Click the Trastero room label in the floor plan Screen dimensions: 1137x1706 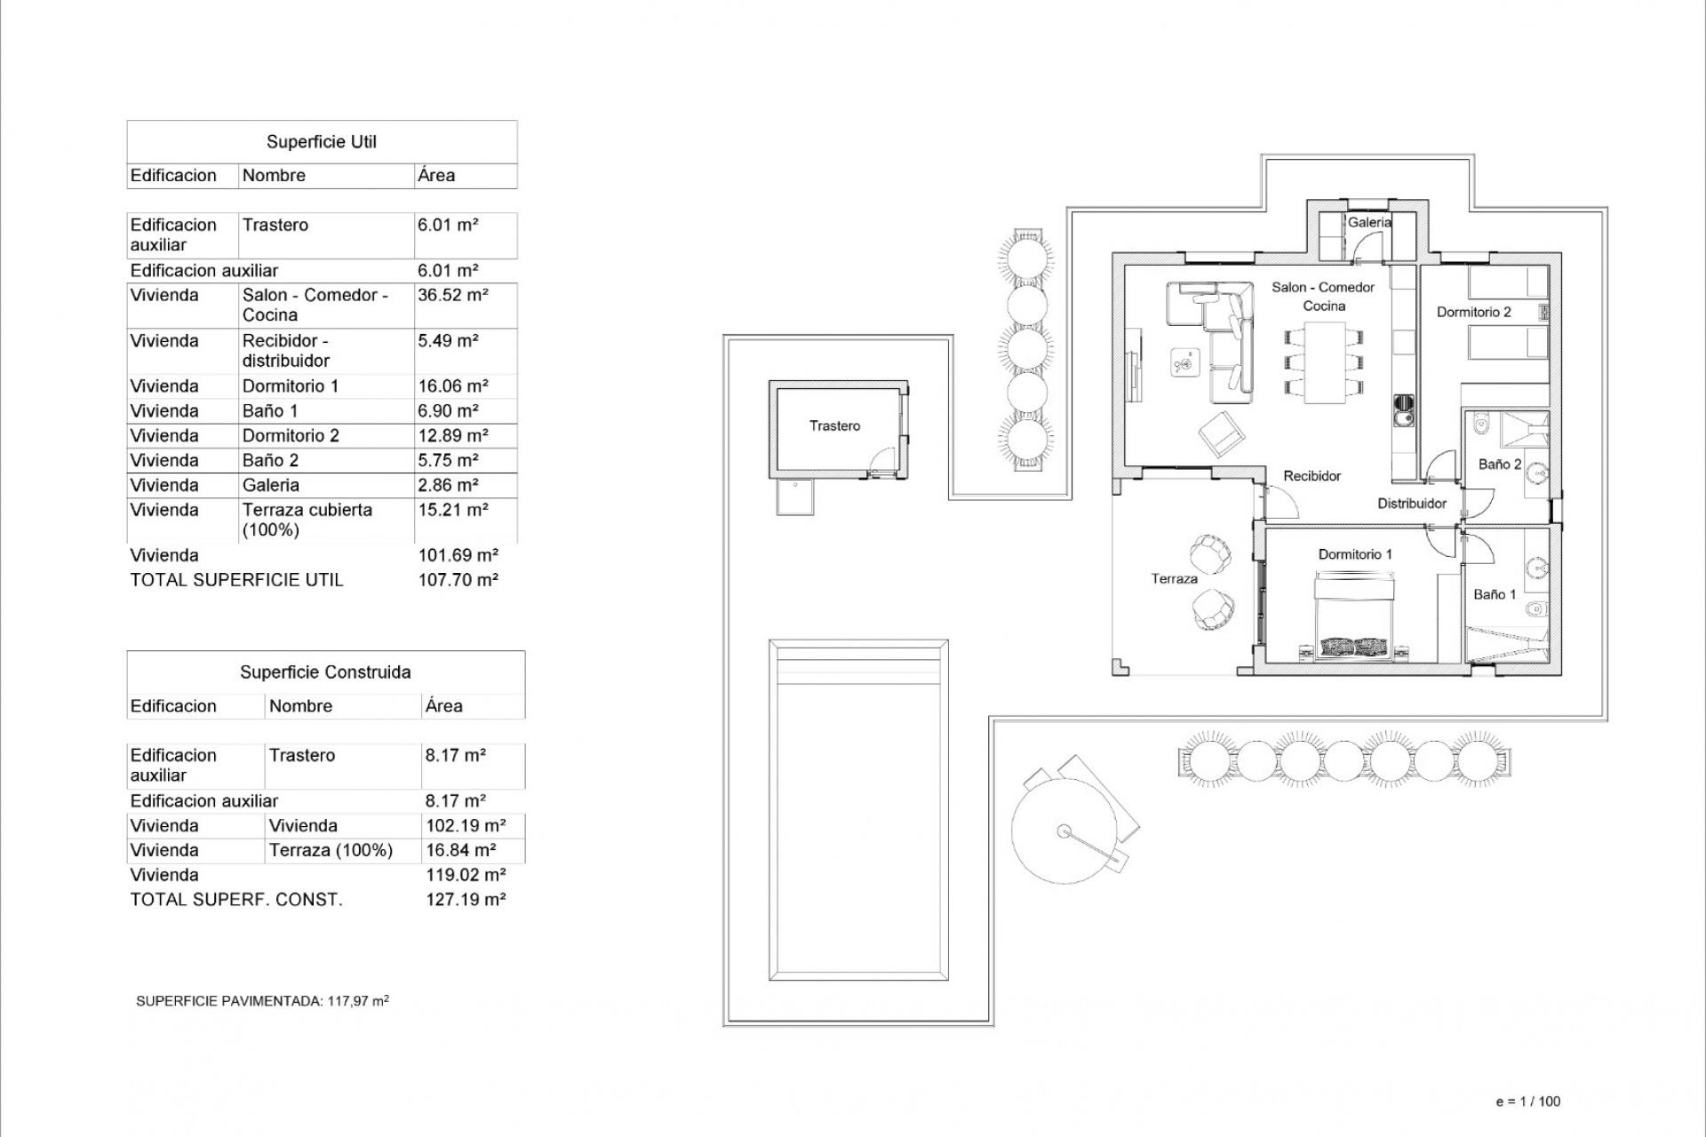[x=834, y=426]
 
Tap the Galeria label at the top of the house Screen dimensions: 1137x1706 [x=1369, y=223]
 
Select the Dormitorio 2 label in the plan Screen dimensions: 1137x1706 [x=1473, y=312]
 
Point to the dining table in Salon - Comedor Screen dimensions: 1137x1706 [x=1324, y=362]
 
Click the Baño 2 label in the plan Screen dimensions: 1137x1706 [x=1499, y=465]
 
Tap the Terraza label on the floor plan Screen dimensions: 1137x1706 [x=1174, y=579]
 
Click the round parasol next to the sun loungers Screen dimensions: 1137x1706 [x=1064, y=831]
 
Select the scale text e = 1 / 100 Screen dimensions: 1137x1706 [x=1528, y=1101]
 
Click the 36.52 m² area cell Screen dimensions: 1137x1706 [x=452, y=296]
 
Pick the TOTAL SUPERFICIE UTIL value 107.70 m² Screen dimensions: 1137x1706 [x=458, y=580]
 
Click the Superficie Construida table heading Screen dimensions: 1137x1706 [x=325, y=672]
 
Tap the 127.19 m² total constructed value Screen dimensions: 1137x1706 [x=466, y=900]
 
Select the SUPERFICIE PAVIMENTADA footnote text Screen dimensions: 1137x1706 [x=262, y=1001]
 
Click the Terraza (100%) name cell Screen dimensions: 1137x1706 [x=331, y=851]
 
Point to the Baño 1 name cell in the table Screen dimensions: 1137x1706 [x=270, y=411]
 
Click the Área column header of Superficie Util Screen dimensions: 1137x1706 [x=436, y=176]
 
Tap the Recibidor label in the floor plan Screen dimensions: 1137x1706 [x=1311, y=476]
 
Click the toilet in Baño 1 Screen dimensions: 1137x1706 [x=1535, y=610]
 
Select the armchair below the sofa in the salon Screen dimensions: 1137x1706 [x=1221, y=434]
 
